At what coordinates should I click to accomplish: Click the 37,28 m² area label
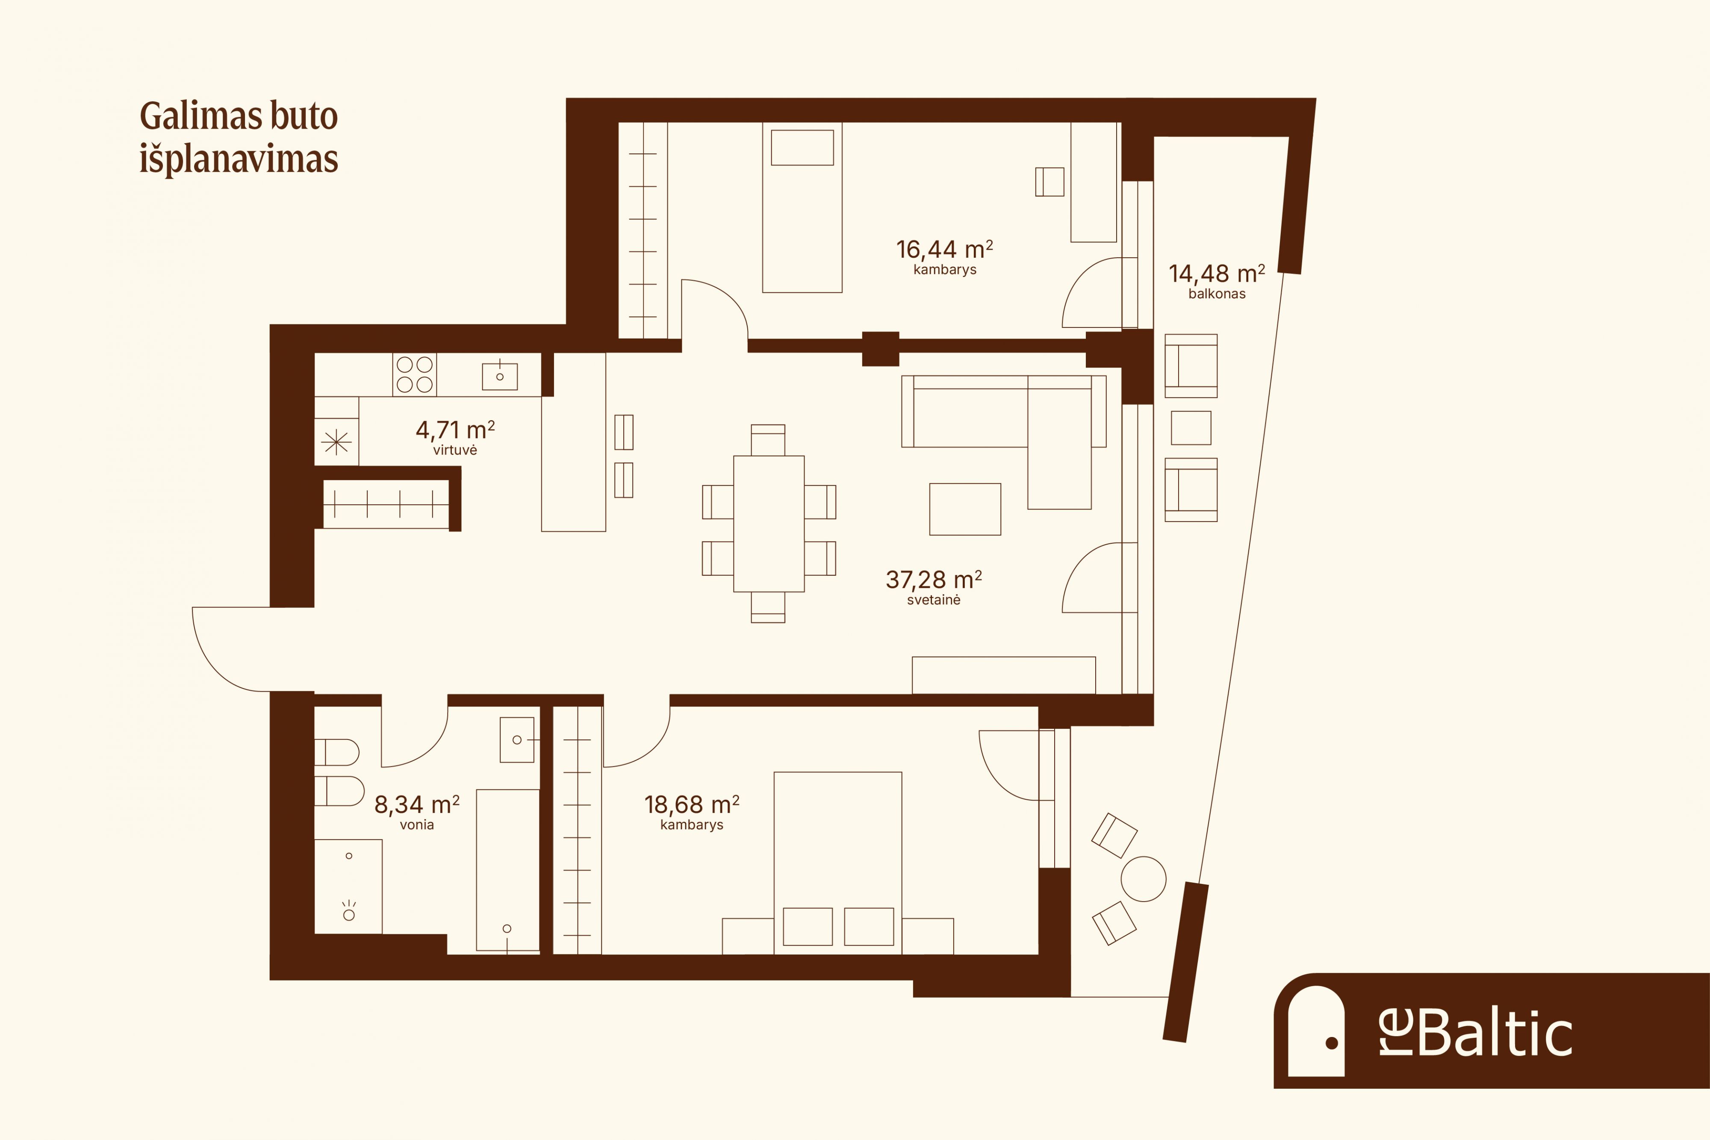[934, 580]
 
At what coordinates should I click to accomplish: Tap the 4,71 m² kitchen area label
[455, 430]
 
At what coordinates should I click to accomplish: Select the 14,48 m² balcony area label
[1216, 274]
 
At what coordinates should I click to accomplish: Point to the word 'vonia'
[416, 825]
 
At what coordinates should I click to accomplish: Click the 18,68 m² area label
[691, 804]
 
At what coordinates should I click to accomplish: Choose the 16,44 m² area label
[944, 249]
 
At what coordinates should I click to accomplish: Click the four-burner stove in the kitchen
[414, 374]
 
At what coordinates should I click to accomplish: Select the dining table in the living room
[769, 524]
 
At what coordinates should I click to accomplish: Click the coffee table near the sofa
[965, 509]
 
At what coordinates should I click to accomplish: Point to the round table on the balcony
[1144, 879]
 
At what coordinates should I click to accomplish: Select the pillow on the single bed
[802, 147]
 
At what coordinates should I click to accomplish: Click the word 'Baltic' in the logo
[1495, 1034]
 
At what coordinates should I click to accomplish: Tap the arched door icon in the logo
[1316, 1031]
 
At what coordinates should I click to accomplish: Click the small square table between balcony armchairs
[1191, 427]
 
